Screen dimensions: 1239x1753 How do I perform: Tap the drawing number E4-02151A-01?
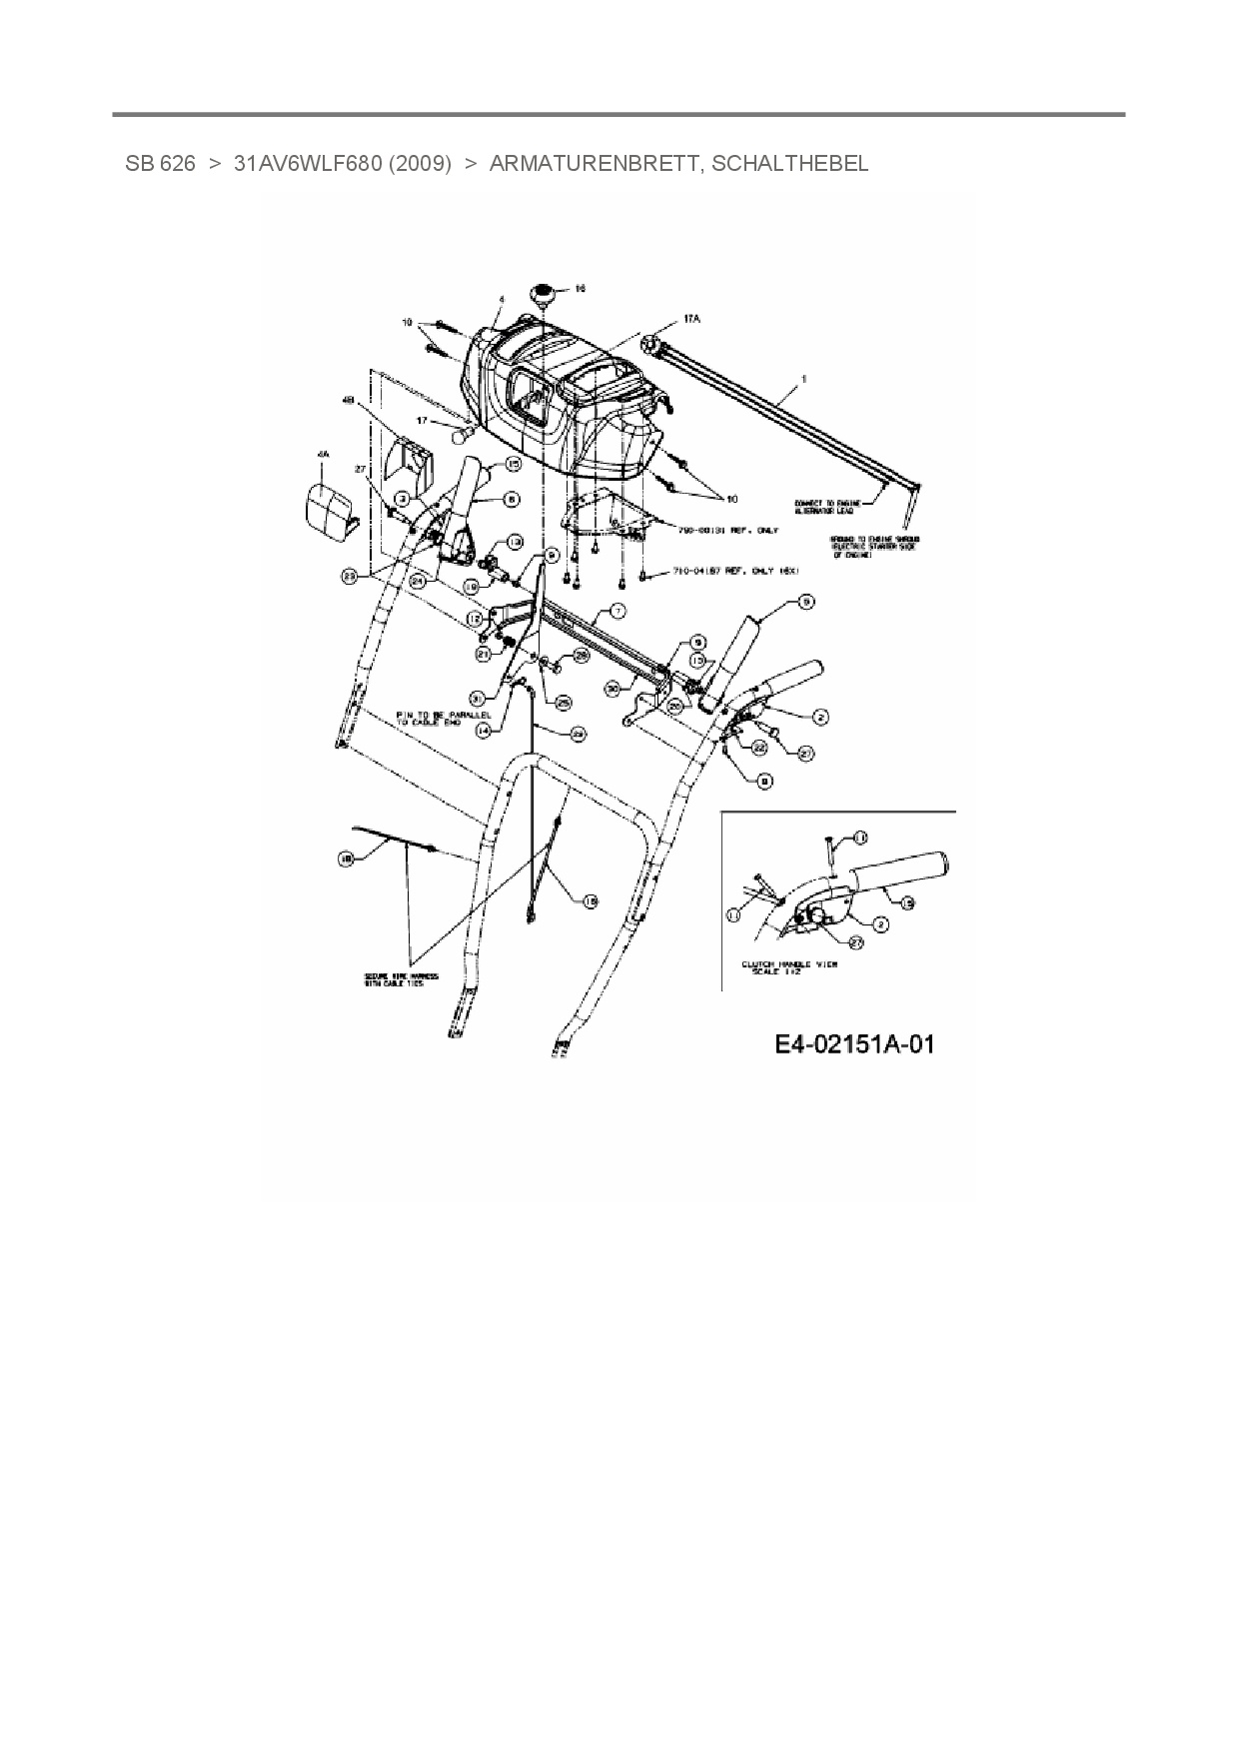tap(854, 1044)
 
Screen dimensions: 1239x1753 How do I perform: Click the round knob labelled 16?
tap(544, 295)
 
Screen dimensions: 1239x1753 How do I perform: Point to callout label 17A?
tap(691, 319)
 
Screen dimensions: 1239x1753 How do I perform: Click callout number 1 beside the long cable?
tap(804, 380)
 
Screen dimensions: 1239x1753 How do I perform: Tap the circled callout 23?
tap(349, 577)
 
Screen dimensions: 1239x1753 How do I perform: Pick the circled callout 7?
tap(619, 610)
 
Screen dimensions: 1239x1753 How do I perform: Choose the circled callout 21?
tap(484, 654)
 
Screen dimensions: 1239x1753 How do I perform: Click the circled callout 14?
tap(485, 731)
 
